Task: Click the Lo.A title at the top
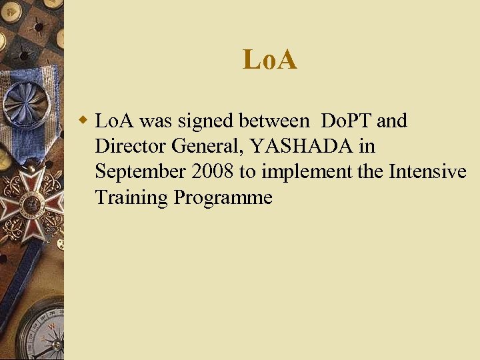[270, 60]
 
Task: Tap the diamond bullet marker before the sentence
[83, 121]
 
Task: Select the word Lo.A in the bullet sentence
[115, 121]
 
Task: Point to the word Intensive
[427, 172]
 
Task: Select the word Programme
[223, 198]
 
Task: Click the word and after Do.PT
[392, 121]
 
